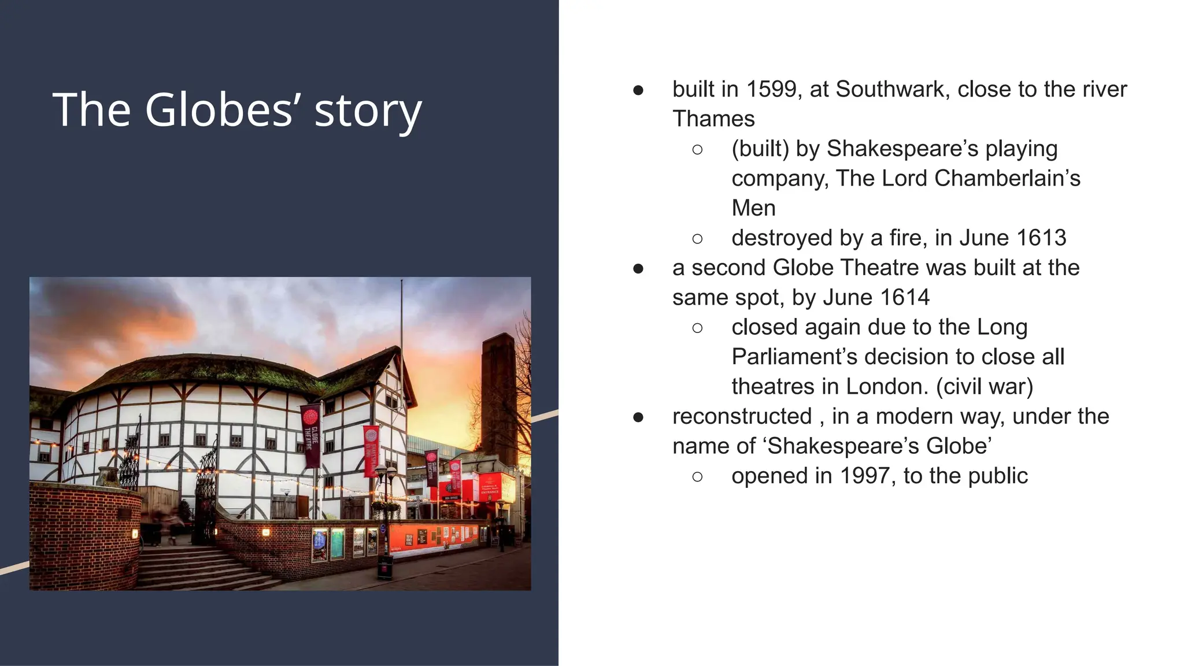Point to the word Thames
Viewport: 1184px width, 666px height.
pos(713,119)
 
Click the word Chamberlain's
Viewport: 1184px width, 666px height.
pos(1007,179)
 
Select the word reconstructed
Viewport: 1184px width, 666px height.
pos(742,417)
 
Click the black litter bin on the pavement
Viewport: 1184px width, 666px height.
pos(385,567)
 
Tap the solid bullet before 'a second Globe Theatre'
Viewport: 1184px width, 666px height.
pos(638,268)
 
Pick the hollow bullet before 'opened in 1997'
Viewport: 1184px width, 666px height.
pos(697,476)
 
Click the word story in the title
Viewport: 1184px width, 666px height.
pos(368,110)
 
